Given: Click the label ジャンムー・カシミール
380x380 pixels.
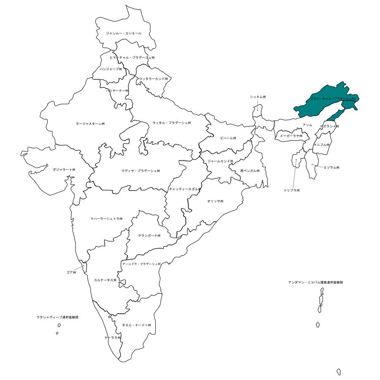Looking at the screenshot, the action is [124, 33].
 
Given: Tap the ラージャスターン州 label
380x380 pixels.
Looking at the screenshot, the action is [90, 124].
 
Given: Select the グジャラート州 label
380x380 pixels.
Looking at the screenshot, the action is [64, 169].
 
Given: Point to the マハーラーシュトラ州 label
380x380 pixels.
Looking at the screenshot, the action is [106, 219].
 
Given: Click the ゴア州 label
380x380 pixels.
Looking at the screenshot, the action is [71, 273].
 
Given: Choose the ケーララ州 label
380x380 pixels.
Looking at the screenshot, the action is [113, 338].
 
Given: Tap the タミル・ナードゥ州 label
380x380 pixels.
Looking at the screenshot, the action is [136, 325].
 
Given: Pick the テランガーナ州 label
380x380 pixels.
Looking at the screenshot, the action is [149, 236].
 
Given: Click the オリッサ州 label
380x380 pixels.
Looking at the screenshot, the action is [215, 201].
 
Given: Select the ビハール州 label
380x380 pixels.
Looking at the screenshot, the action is [228, 138].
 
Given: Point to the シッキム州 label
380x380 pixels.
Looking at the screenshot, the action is [258, 97].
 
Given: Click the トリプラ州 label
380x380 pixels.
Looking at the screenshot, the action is [292, 190].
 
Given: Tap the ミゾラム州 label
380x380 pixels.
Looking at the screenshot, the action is [331, 168].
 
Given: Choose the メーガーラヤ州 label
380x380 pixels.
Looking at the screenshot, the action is [291, 136].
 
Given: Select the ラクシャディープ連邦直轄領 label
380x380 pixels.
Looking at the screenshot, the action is [57, 317].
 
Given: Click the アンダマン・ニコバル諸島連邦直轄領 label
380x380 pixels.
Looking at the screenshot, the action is [315, 282].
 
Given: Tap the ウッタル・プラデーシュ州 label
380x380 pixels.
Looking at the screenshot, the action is [171, 123].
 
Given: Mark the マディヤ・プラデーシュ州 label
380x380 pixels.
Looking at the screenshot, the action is [141, 171].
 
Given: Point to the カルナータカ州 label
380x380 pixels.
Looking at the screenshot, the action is [105, 280].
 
